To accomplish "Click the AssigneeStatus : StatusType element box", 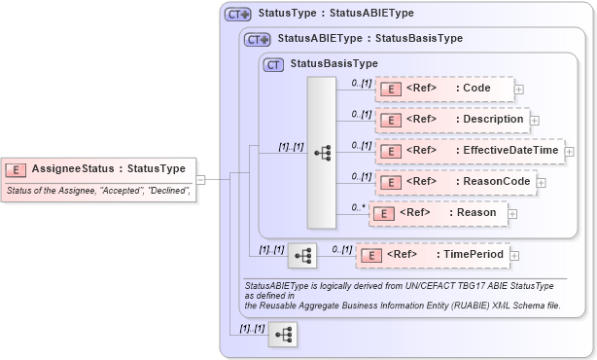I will pos(96,168).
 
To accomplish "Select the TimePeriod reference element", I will pos(433,255).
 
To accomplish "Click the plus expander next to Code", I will pos(519,90).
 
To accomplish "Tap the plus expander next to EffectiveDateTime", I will pos(570,152).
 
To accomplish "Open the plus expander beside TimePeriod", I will pos(516,255).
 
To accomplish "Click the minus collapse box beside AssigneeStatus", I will pos(200,179).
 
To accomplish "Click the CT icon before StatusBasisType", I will pos(274,64).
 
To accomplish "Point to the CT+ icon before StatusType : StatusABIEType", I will pos(237,15).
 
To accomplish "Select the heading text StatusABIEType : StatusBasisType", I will pos(369,39).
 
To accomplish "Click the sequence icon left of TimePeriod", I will pos(302,256).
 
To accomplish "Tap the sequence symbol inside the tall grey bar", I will pos(322,153).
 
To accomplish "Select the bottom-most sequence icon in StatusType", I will pos(283,335).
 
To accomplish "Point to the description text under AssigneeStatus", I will pos(97,192).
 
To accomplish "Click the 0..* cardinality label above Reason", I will pos(359,205).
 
